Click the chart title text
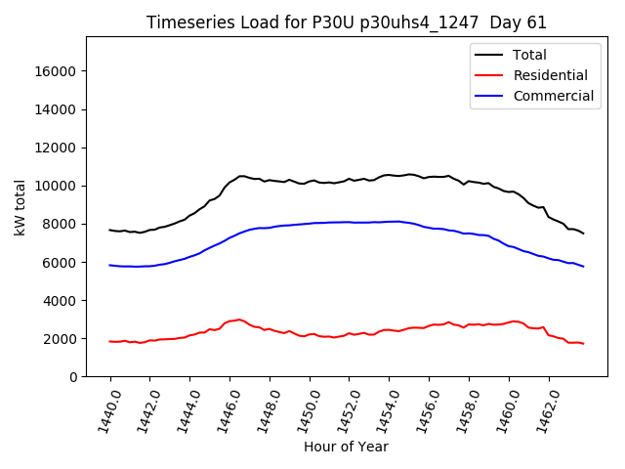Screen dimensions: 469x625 [347, 22]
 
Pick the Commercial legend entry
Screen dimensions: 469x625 [553, 96]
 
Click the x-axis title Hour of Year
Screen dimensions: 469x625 [346, 447]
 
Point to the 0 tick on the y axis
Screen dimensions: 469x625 [72, 377]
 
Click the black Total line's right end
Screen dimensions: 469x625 [584, 234]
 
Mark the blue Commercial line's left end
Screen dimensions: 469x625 [109, 265]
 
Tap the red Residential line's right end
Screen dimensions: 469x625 [584, 344]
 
